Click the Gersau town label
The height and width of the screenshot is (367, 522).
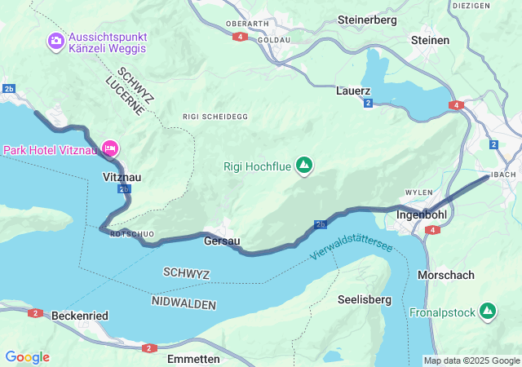[222, 241]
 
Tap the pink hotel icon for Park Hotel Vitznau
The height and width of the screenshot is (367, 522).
[111, 148]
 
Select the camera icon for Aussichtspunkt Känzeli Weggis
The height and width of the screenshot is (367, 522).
[56, 40]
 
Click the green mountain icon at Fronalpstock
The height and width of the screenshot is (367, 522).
[488, 311]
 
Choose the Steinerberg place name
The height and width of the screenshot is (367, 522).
[366, 18]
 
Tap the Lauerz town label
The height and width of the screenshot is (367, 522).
[353, 91]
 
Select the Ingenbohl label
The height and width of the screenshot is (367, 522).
[420, 215]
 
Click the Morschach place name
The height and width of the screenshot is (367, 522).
[445, 275]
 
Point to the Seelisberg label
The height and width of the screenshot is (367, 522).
[364, 299]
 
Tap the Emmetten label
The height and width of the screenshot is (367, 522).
[192, 359]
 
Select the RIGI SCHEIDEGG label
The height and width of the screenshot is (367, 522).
[215, 117]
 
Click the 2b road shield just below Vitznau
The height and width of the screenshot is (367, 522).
[124, 189]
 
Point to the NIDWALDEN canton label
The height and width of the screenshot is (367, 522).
[184, 303]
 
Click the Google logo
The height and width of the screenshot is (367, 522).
[27, 357]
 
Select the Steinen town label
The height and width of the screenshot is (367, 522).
[430, 39]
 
